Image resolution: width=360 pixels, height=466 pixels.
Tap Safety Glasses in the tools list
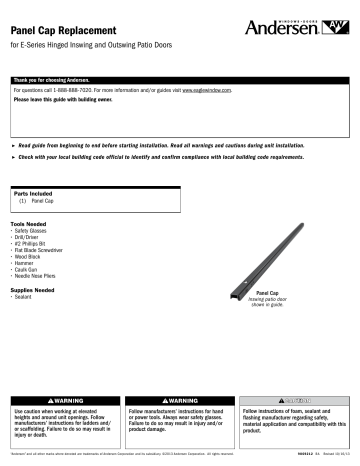pyautogui.click(x=35, y=219)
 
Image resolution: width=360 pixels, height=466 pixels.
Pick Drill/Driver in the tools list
pyautogui.click(x=32, y=226)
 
